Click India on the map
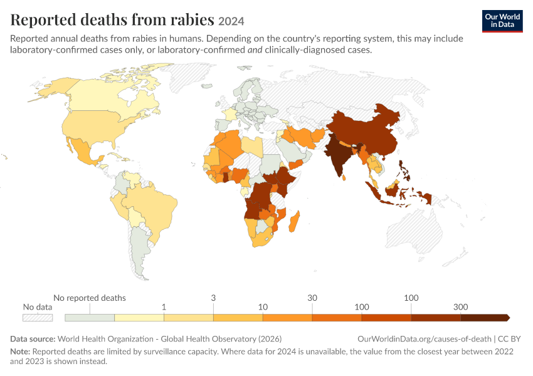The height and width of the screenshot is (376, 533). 337,155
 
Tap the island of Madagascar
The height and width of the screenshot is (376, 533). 294,221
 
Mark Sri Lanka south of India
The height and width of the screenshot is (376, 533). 344,177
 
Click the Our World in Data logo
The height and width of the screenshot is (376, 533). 502,21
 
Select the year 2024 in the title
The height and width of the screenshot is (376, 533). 231,21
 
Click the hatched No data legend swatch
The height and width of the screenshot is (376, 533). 38,318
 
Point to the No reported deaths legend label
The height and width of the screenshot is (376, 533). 90,298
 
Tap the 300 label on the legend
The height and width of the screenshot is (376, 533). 461,307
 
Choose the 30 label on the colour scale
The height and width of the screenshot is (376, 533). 312,298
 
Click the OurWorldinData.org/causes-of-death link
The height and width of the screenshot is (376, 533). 425,338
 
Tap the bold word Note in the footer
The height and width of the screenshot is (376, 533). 20,351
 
